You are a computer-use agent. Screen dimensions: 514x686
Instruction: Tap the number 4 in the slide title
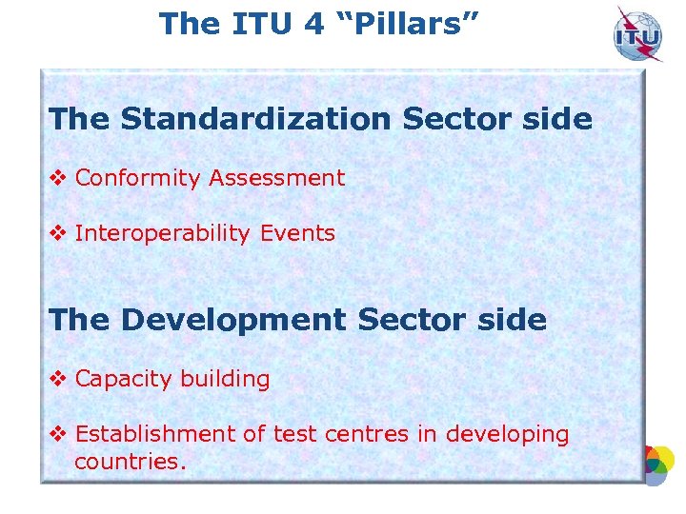pos(313,23)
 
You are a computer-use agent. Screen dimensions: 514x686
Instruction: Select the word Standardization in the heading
pos(255,120)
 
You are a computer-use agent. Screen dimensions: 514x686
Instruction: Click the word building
pos(226,379)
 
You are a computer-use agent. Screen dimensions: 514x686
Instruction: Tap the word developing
pos(506,435)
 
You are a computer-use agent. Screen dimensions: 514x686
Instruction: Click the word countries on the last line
pos(129,462)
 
